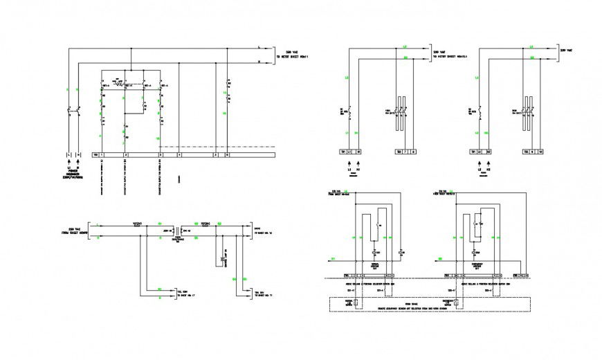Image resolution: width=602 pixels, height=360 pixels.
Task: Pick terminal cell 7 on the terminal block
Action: (x=405, y=151)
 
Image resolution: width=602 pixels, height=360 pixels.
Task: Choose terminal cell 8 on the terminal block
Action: (x=414, y=151)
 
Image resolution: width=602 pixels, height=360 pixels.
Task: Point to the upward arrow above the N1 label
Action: (x=358, y=166)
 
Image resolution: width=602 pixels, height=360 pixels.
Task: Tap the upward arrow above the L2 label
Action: (x=478, y=166)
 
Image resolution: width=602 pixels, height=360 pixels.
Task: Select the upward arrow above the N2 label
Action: (x=489, y=166)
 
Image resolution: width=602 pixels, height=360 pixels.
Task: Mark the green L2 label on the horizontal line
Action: (x=531, y=47)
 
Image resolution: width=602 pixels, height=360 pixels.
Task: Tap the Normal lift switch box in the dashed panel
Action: (x=358, y=303)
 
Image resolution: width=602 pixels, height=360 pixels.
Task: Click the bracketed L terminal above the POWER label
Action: (x=68, y=154)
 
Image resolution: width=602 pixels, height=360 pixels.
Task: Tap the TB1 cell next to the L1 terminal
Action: (x=341, y=151)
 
